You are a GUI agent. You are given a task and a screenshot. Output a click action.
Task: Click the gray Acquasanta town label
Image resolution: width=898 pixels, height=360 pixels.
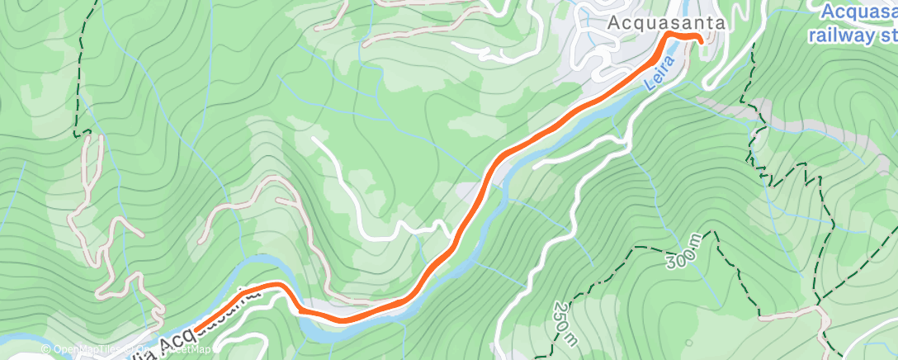click(667, 24)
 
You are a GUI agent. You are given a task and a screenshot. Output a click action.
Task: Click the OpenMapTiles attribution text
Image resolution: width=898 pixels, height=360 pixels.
click(86, 349)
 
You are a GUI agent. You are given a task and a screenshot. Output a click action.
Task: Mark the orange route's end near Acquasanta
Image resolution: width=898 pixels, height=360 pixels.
click(701, 39)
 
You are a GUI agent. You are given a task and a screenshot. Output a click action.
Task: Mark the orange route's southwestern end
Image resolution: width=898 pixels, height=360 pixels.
click(201, 328)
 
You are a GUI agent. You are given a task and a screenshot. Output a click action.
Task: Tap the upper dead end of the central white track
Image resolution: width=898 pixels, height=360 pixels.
click(314, 138)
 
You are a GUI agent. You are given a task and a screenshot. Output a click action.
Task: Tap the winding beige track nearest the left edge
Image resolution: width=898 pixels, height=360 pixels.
click(83, 206)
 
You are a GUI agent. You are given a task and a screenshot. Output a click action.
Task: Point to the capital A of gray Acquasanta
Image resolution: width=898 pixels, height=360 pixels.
click(613, 24)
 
